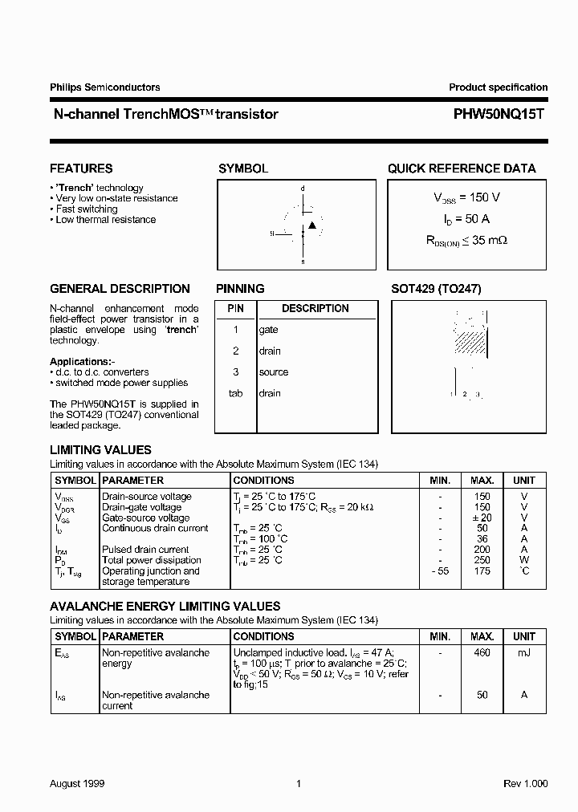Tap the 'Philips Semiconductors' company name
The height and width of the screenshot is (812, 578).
click(104, 87)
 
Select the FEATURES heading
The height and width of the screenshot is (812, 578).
click(81, 168)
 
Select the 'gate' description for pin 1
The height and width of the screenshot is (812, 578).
click(268, 330)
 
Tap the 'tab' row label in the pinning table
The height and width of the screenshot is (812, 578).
click(236, 393)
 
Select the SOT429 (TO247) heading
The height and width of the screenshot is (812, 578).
click(436, 289)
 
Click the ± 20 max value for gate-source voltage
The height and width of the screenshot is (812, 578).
click(482, 518)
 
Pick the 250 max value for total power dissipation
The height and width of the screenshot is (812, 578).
click(482, 560)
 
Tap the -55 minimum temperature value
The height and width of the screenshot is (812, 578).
click(439, 570)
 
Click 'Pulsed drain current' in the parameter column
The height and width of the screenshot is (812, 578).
click(145, 550)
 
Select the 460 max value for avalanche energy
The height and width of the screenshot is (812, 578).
click(482, 653)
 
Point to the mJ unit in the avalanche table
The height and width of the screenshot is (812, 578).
click(523, 653)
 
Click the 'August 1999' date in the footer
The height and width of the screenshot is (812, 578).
click(77, 783)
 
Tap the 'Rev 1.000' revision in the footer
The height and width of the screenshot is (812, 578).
click(525, 783)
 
